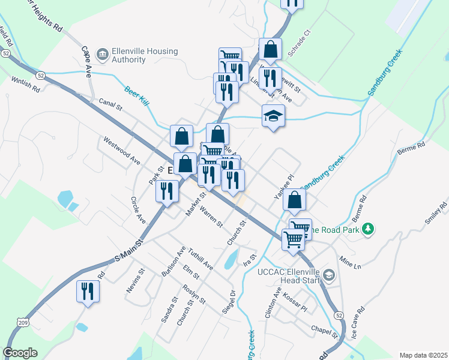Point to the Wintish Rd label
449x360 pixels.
pos(25,85)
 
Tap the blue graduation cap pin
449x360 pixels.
pos(273,115)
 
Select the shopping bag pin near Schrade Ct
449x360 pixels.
pos(271,50)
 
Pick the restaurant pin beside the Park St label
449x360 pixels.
pos(166,191)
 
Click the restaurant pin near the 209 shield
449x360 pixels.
pos(88,291)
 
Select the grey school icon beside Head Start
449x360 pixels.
pos(328,275)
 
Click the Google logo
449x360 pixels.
pos(20,353)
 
